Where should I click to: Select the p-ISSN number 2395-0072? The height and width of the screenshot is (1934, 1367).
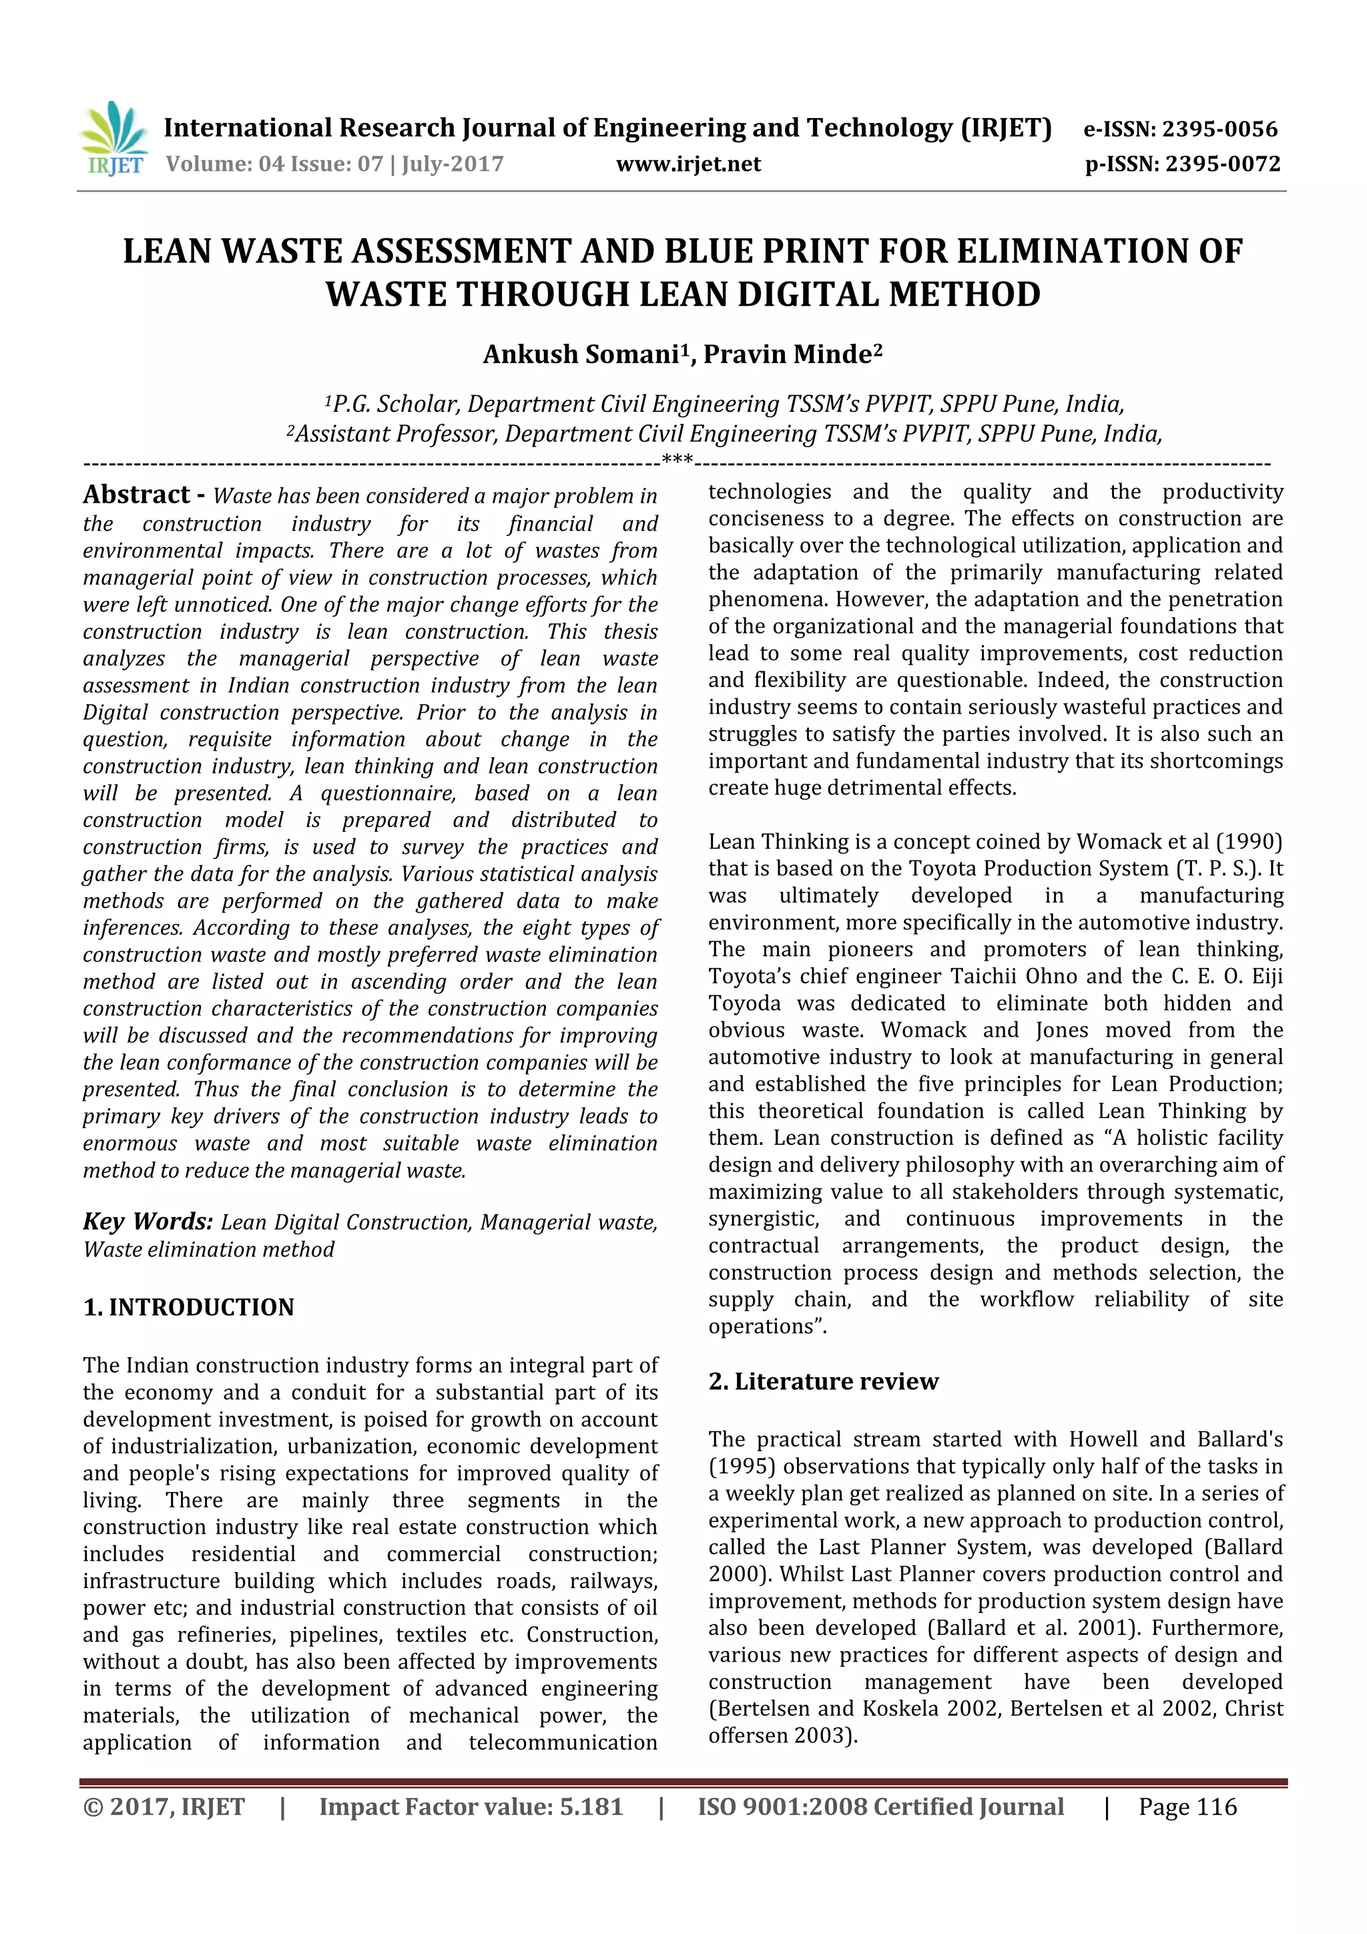[1222, 164]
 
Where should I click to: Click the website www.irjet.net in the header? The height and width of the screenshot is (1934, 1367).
[688, 164]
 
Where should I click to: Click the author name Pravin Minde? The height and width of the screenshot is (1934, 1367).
[788, 354]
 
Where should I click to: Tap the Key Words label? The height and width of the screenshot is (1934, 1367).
[148, 1222]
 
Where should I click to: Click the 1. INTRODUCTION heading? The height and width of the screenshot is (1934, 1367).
[189, 1307]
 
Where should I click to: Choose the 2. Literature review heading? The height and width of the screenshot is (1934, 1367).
[823, 1381]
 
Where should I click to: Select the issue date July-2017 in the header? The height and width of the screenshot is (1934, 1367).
[453, 164]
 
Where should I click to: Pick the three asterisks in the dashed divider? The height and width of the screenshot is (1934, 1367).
[678, 460]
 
